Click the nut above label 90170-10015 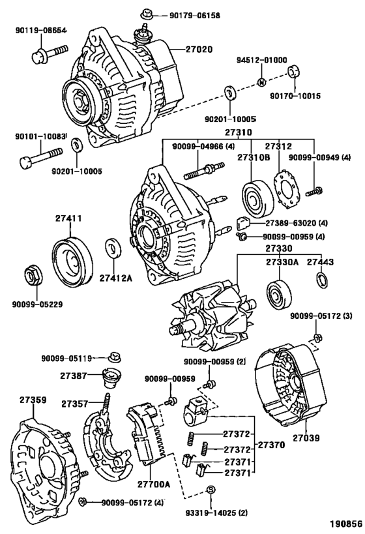(x=293, y=71)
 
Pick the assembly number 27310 (x=239, y=131)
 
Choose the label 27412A (x=116, y=278)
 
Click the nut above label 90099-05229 (x=31, y=276)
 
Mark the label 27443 (x=321, y=261)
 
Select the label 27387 (x=73, y=377)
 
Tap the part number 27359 (x=32, y=399)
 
